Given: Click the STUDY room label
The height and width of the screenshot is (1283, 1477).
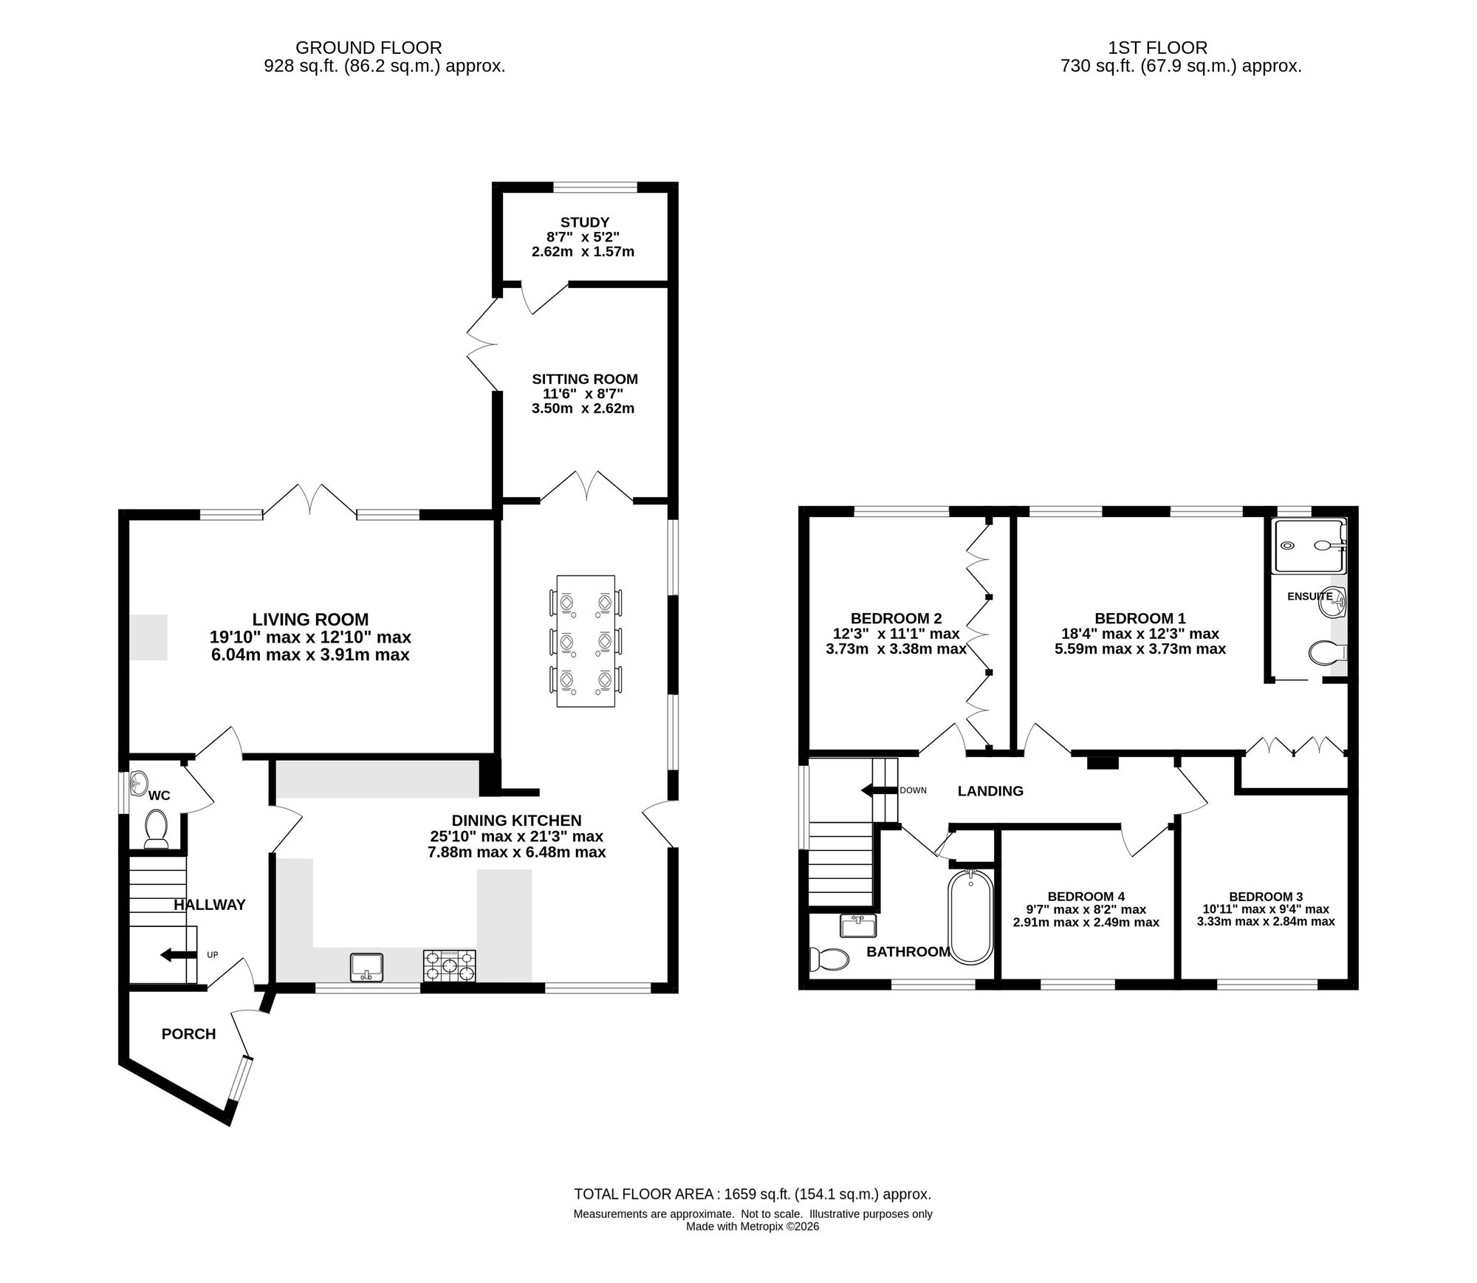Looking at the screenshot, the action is [x=585, y=222].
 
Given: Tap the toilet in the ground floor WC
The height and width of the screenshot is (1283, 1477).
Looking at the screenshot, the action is [x=156, y=828].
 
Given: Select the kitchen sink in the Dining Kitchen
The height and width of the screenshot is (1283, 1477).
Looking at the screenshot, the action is [x=367, y=967].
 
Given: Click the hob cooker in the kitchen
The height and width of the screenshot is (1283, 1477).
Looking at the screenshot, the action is [x=450, y=966].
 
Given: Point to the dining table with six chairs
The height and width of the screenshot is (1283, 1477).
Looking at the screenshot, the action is [x=586, y=640].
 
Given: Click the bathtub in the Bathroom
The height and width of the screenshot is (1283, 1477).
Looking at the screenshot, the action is [x=970, y=917].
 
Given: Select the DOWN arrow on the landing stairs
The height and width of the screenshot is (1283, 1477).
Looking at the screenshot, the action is [x=879, y=790].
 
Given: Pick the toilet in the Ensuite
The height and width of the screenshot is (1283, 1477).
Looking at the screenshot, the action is [x=1327, y=652].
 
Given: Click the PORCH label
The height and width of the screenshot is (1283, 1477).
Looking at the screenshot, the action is [x=189, y=1034].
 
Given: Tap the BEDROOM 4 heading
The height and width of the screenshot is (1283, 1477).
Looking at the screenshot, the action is [x=1086, y=897].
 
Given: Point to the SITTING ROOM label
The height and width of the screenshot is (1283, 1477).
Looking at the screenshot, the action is [x=585, y=379].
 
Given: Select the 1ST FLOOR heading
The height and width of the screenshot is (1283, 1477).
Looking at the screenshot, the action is [x=1157, y=48].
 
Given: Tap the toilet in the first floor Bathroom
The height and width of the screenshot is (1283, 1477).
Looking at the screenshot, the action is [x=829, y=959].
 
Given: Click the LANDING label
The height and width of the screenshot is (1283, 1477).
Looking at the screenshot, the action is [x=990, y=791].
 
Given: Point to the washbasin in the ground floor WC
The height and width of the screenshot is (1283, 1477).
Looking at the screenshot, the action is [x=138, y=784].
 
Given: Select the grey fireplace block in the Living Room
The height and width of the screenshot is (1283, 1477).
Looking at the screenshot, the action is [x=148, y=637].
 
